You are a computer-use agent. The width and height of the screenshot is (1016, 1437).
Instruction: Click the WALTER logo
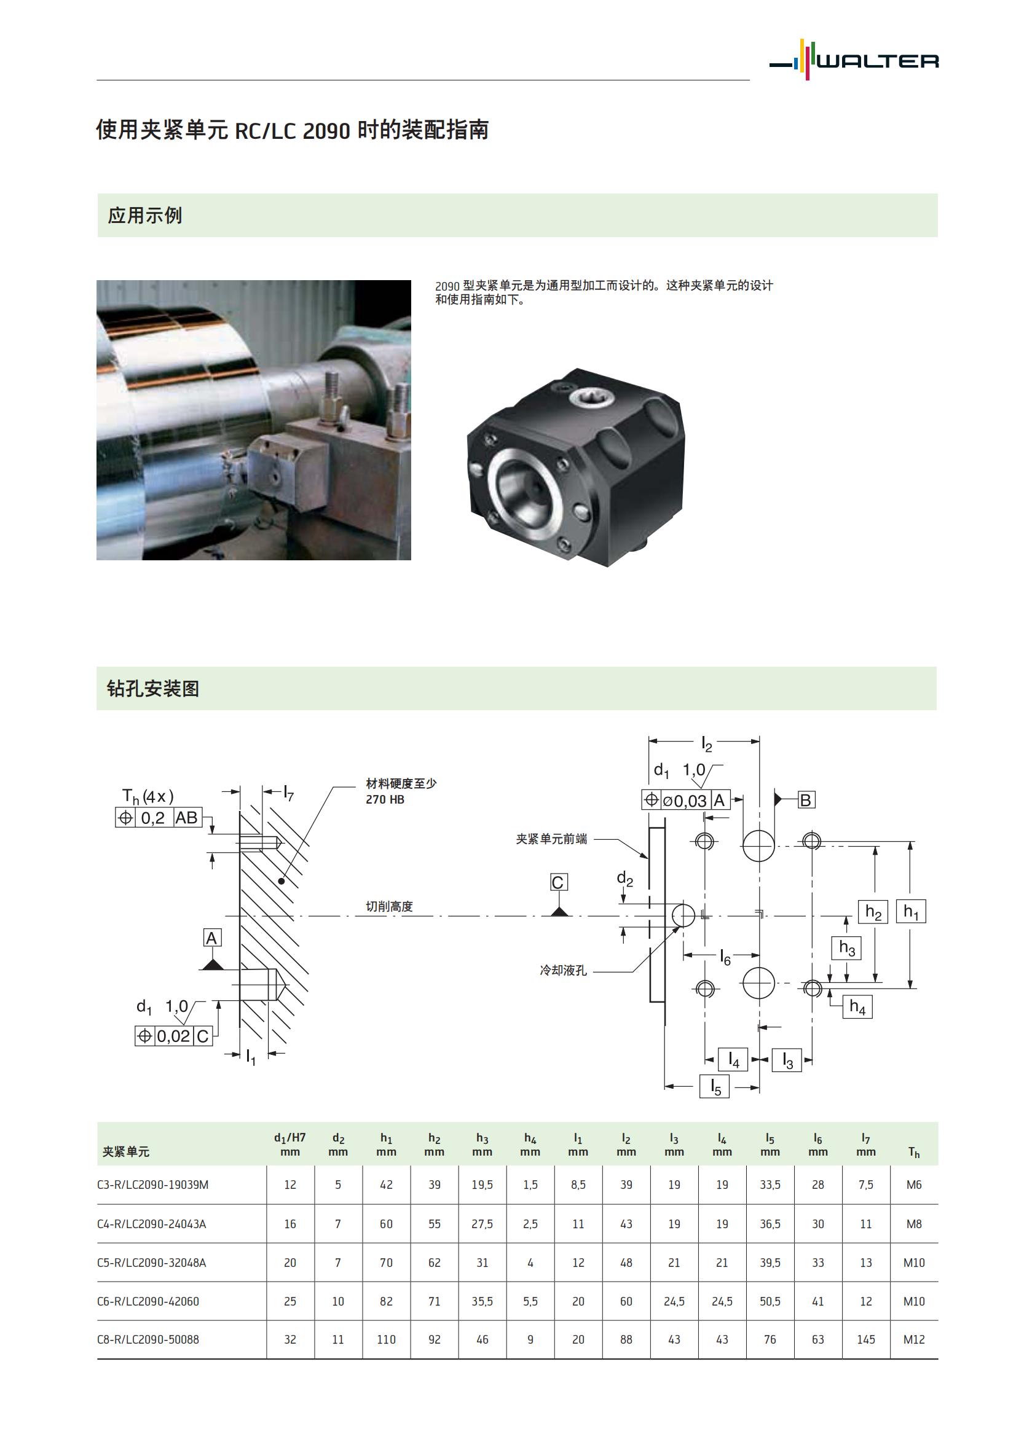(854, 61)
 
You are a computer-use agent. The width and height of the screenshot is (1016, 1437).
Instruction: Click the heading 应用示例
(144, 216)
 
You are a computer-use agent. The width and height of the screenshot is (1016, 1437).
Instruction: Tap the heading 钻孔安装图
(153, 689)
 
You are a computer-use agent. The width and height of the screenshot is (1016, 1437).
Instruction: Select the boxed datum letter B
(806, 800)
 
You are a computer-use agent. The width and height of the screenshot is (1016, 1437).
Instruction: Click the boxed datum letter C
(557, 882)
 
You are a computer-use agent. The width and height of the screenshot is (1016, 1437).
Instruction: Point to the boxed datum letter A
(211, 938)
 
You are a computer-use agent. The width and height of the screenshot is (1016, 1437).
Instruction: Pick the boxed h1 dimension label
(911, 911)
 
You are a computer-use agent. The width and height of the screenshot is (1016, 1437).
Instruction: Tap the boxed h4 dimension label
(857, 1006)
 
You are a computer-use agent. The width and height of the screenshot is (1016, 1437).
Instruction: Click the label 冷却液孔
(564, 971)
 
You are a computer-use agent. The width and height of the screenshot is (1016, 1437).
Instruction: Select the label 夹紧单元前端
(551, 839)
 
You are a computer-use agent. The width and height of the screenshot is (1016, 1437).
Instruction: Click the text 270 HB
(385, 799)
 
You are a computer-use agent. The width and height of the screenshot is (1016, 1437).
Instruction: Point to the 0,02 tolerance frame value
(173, 1036)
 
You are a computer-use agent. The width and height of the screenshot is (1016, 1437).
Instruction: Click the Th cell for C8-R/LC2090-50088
(913, 1339)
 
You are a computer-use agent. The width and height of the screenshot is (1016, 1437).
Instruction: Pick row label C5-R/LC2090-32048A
(151, 1263)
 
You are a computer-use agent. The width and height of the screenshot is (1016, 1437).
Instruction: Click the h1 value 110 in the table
(386, 1339)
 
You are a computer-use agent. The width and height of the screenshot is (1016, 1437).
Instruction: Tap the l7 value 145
(866, 1339)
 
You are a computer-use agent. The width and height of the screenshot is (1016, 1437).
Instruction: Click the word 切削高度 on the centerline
(389, 906)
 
